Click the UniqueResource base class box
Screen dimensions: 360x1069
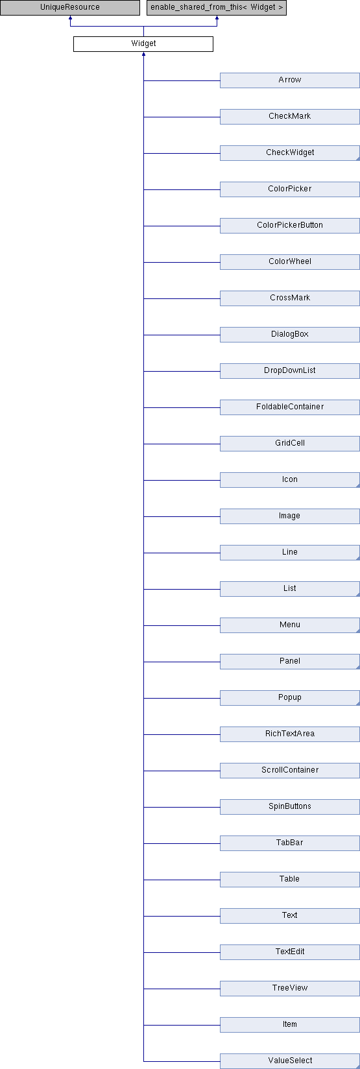click(69, 8)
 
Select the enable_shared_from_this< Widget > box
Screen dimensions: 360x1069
click(216, 8)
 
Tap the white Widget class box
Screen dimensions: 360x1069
click(143, 44)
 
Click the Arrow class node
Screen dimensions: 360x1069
click(290, 80)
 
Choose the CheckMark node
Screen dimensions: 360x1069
click(290, 117)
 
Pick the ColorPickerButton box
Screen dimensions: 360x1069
click(290, 225)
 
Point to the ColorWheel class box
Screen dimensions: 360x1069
click(290, 261)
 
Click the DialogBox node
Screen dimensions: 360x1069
click(290, 334)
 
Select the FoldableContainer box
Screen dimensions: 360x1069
click(290, 407)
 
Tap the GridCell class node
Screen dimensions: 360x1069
click(290, 443)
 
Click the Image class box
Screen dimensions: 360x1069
click(290, 516)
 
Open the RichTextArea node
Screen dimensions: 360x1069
click(290, 734)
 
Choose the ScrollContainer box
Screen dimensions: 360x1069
click(290, 770)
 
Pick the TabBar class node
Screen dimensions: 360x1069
click(290, 843)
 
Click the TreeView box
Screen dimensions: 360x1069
click(290, 988)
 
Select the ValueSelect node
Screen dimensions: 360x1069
click(290, 1061)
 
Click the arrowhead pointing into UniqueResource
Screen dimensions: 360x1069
click(70, 18)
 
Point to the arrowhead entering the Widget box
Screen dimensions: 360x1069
click(143, 54)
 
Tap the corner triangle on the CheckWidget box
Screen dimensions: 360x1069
click(357, 158)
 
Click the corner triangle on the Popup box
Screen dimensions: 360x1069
click(357, 703)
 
